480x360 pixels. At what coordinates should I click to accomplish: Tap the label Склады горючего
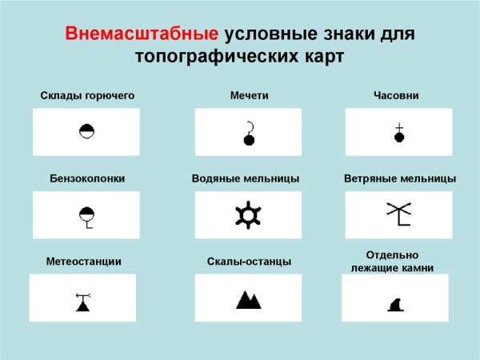(x=87, y=96)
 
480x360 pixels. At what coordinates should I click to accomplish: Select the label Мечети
(x=249, y=96)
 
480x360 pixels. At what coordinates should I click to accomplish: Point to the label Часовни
(x=396, y=96)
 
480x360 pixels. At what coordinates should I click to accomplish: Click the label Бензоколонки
(x=86, y=178)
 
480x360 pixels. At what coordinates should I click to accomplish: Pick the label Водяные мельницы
(x=246, y=178)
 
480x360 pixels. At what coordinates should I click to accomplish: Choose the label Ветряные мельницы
(x=399, y=178)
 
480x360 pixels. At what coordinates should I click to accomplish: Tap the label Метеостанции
(x=84, y=262)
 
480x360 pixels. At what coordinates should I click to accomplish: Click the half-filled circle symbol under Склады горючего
(x=86, y=131)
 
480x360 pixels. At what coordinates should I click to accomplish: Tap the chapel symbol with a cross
(x=398, y=133)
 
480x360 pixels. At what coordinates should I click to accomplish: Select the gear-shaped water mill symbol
(x=249, y=215)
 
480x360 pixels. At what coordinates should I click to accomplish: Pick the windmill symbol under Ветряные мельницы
(x=398, y=214)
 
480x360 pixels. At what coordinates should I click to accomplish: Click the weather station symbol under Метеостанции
(x=82, y=302)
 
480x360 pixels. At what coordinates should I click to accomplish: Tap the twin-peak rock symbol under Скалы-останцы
(x=249, y=300)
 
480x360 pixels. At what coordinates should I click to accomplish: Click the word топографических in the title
(x=209, y=58)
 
